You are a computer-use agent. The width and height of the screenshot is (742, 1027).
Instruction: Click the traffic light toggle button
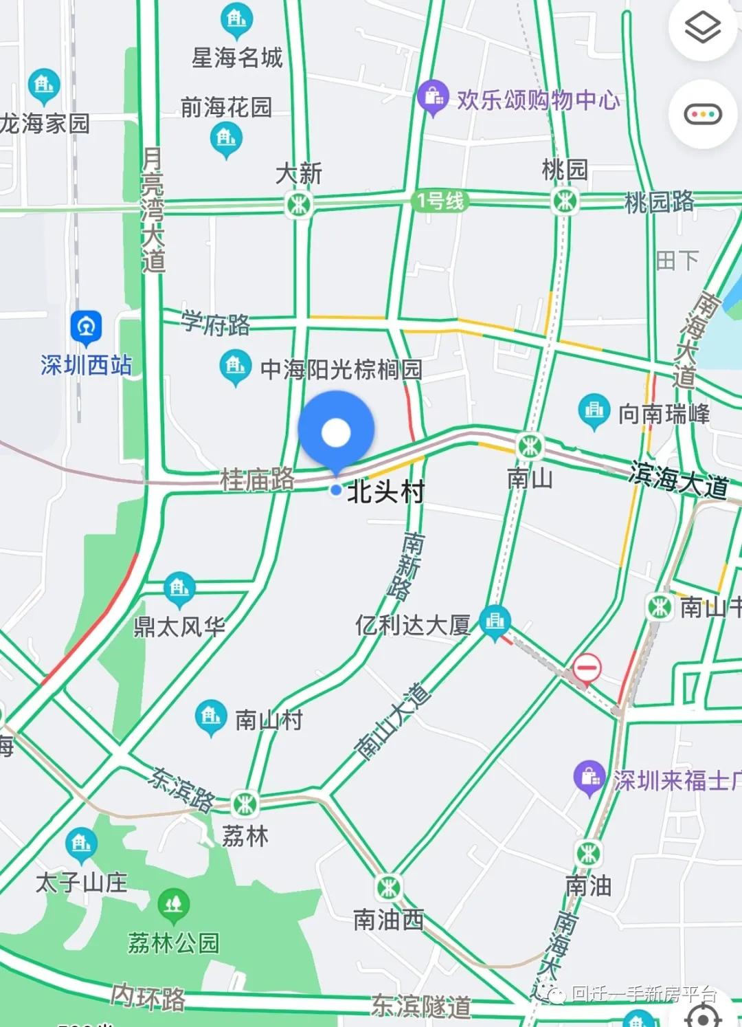pyautogui.click(x=702, y=114)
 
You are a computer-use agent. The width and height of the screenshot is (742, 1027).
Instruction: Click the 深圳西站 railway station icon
pyautogui.click(x=86, y=328)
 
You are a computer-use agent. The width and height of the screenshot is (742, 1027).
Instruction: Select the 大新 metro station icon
pyautogui.click(x=299, y=204)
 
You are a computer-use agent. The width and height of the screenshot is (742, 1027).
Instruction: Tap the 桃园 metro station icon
pyautogui.click(x=564, y=201)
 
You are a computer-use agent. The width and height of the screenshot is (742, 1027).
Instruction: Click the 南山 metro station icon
pyautogui.click(x=530, y=446)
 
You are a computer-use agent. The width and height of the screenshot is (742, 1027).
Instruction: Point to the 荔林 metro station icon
pyautogui.click(x=245, y=803)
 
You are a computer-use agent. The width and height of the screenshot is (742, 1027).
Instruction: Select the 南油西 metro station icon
pyautogui.click(x=389, y=887)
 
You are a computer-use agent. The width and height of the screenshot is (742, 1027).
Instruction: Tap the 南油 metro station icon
pyautogui.click(x=588, y=854)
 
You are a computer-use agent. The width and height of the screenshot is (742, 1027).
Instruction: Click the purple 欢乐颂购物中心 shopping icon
pyautogui.click(x=433, y=97)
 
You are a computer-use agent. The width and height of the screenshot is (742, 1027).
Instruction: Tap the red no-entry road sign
pyautogui.click(x=587, y=667)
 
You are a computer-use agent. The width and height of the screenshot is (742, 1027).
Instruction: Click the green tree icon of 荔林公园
pyautogui.click(x=174, y=905)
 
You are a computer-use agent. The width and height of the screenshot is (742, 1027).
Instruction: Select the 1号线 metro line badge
pyautogui.click(x=440, y=201)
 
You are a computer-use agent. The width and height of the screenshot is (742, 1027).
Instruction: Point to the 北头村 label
pyautogui.click(x=386, y=492)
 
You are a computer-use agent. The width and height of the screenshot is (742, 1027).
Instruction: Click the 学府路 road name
pyautogui.click(x=216, y=322)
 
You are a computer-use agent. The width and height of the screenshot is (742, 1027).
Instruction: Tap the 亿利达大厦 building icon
pyautogui.click(x=495, y=621)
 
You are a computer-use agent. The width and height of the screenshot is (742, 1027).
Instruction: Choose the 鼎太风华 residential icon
pyautogui.click(x=179, y=588)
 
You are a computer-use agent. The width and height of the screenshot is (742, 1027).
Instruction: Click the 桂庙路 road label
pyautogui.click(x=257, y=479)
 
